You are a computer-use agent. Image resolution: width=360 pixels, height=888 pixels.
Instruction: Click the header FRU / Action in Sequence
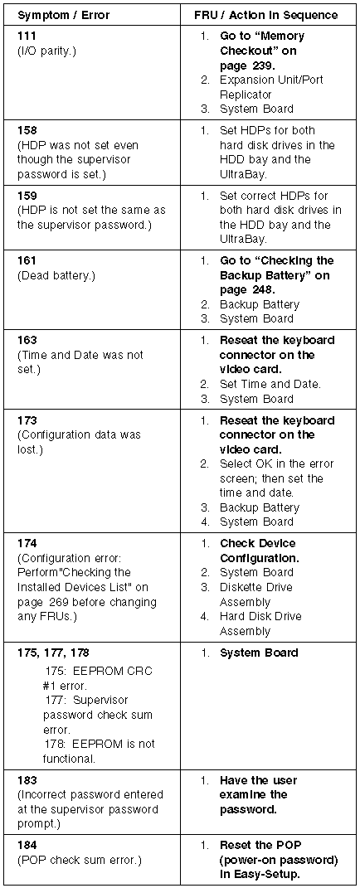[266, 15]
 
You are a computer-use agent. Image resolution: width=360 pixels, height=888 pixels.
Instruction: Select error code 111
[27, 36]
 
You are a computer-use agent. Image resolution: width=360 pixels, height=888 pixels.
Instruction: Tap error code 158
[27, 130]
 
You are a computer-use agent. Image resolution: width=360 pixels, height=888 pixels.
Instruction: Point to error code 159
[27, 196]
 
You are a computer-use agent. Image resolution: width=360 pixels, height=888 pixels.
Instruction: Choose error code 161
[27, 261]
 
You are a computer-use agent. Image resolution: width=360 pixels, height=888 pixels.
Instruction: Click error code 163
[27, 341]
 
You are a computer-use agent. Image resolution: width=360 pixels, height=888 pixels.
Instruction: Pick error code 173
[27, 420]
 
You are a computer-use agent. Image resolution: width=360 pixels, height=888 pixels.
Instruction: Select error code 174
[27, 543]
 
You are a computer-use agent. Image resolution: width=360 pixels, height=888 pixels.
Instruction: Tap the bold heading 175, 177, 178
[53, 653]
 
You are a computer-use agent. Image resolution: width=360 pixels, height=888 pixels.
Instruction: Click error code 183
[27, 780]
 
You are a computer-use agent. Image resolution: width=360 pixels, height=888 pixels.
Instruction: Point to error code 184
[27, 846]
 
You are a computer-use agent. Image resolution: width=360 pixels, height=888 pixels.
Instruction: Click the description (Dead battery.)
[56, 276]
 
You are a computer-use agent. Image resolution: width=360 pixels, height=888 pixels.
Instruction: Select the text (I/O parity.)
[47, 51]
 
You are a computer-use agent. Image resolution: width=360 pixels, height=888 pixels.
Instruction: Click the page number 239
[263, 66]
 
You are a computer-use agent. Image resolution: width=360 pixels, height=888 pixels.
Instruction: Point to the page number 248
[263, 290]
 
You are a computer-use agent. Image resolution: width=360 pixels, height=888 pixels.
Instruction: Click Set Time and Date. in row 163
[270, 385]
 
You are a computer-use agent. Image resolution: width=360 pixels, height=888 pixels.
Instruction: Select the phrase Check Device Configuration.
[260, 551]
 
